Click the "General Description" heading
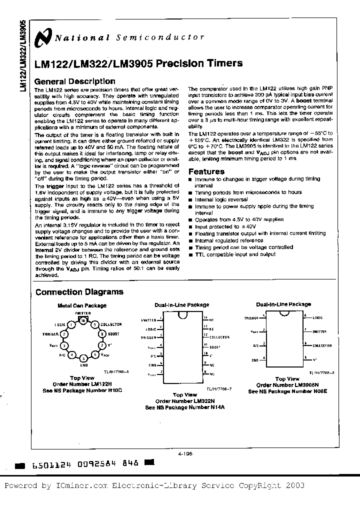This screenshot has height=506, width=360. click(x=74, y=81)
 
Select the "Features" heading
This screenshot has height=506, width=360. click(x=206, y=171)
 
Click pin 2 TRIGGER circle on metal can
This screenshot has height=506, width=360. click(x=64, y=334)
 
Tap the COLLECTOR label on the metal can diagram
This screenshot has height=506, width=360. click(x=111, y=324)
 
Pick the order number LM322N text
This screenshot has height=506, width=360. click(x=183, y=401)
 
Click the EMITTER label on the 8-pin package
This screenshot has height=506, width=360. click(x=319, y=331)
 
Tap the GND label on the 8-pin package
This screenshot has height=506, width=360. click(x=254, y=359)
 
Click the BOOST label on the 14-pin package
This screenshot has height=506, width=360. click(x=214, y=346)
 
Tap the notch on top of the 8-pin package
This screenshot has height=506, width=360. click(x=284, y=314)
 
